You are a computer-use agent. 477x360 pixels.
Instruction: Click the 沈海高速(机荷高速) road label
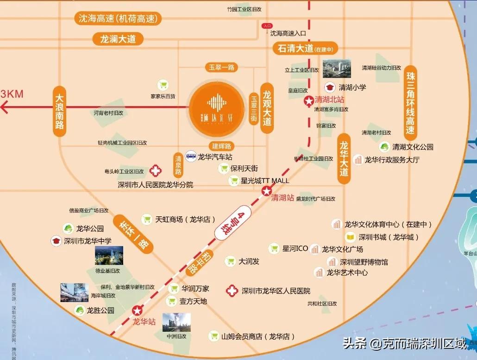(x=119, y=19)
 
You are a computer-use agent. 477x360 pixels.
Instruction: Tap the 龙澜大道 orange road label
(x=118, y=39)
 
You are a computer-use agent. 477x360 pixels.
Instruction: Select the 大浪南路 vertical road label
(x=59, y=111)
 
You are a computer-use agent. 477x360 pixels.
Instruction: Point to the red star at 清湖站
(x=267, y=191)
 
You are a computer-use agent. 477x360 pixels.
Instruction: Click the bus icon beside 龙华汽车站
(x=191, y=156)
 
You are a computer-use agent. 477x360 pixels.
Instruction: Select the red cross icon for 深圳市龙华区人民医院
(x=232, y=291)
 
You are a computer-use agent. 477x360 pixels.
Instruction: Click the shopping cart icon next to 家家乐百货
(x=163, y=85)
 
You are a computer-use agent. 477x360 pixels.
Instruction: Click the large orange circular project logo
(x=216, y=107)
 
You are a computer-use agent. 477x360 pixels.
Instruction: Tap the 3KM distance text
(x=12, y=94)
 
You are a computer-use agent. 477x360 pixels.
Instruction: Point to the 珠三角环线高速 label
(x=410, y=101)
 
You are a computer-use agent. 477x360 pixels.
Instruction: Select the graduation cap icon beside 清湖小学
(x=330, y=87)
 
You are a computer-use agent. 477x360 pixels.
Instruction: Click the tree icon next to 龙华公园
(x=68, y=228)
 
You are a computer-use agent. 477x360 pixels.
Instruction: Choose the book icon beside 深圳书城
(x=351, y=237)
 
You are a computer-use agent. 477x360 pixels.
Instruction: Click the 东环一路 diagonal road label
(x=132, y=238)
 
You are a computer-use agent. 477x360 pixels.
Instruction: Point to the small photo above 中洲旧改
(x=176, y=322)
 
